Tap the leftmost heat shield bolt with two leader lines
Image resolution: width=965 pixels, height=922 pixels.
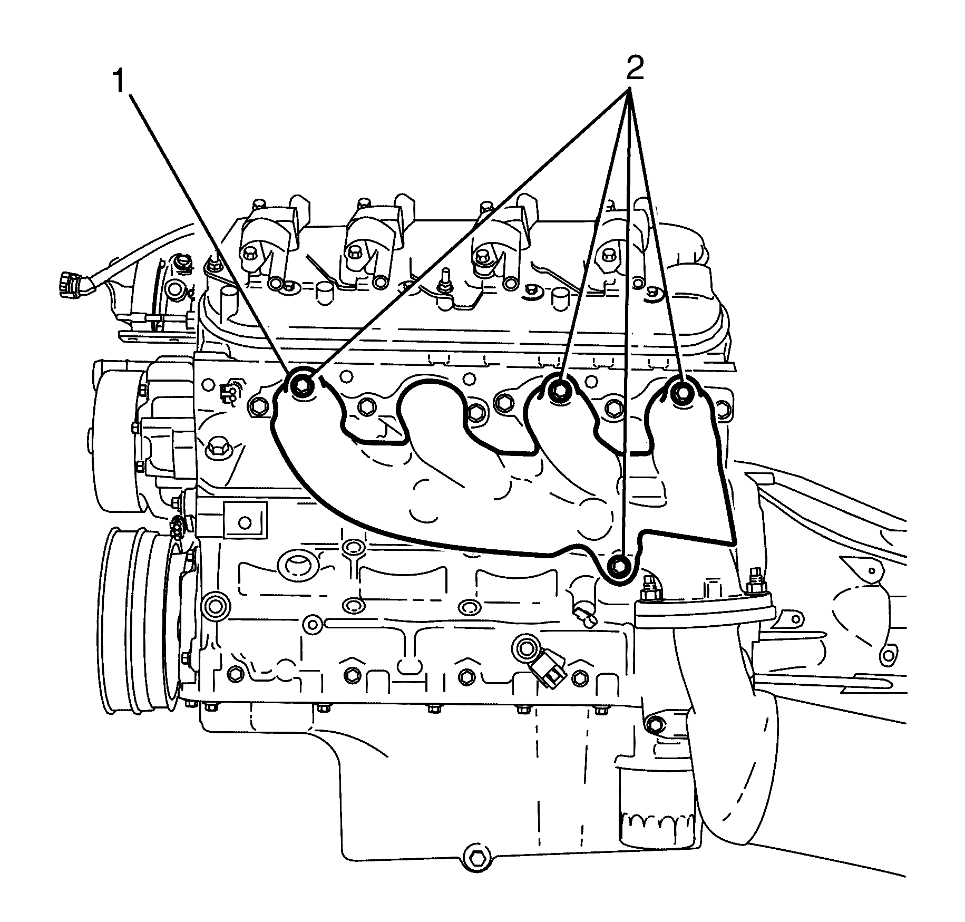[302, 386]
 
